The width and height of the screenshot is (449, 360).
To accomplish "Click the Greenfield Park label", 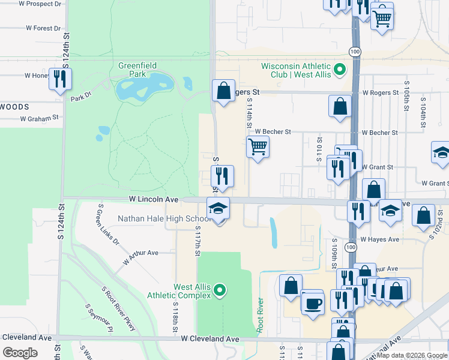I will click(132, 70).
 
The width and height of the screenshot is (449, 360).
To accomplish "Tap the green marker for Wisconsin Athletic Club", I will click(339, 70).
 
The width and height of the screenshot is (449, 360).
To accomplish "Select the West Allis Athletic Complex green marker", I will click(220, 291).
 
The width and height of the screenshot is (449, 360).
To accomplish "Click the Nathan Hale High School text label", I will click(162, 218).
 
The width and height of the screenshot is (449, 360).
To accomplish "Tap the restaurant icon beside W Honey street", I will click(60, 79).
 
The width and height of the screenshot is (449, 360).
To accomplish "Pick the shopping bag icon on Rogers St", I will click(223, 92).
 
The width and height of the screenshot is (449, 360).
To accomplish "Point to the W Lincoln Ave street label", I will click(154, 199).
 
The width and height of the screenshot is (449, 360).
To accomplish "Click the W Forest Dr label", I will click(43, 28).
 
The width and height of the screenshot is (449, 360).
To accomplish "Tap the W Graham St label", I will click(39, 119).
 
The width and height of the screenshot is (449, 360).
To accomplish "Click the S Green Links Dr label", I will click(109, 225).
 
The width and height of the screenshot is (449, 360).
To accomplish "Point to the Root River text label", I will click(260, 314).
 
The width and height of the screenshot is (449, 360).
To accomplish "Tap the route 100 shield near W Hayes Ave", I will click(350, 246).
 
